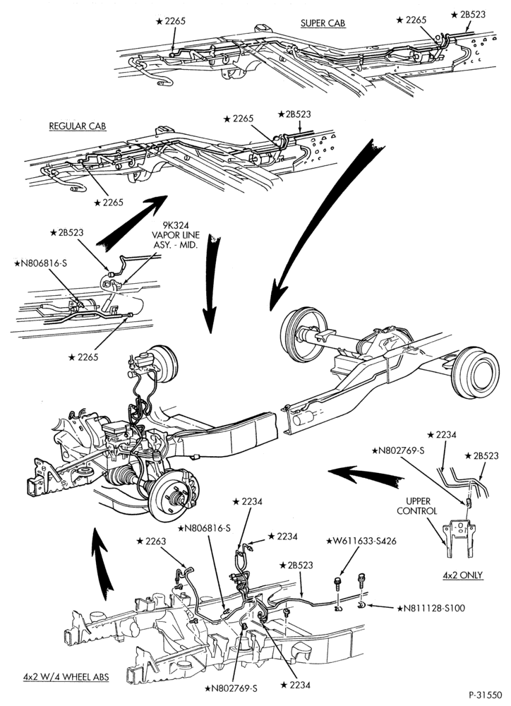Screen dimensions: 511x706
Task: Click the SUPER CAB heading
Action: click(x=323, y=23)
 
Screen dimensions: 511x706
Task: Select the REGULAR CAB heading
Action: click(x=78, y=126)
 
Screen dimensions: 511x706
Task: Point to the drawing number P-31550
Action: click(x=486, y=694)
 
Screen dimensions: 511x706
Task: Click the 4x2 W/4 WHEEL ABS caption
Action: click(x=66, y=677)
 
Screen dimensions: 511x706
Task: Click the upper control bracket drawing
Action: click(x=459, y=539)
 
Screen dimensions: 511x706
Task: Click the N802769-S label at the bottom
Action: click(x=232, y=688)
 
